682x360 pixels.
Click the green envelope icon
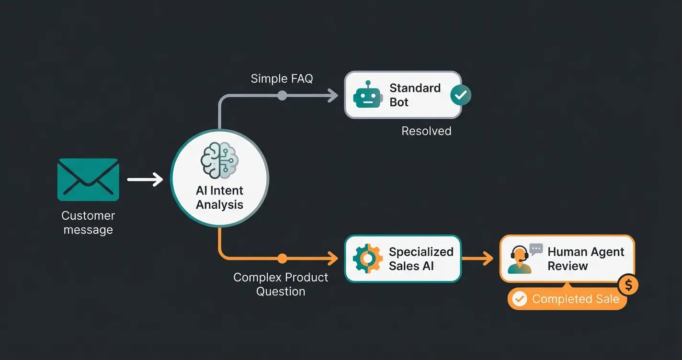point(88,180)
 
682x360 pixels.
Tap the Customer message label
point(88,223)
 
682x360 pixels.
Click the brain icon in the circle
point(219,161)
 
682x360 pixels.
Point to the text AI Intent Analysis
point(219,197)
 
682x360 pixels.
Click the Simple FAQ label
point(282,79)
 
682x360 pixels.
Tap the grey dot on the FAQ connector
point(282,95)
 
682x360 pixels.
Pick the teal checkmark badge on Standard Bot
point(461,95)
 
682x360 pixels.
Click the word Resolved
point(426,131)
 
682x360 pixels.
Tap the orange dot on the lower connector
point(282,259)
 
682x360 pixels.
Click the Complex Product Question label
point(281,284)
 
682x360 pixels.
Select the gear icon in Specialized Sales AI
point(367,259)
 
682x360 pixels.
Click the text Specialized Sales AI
point(421,259)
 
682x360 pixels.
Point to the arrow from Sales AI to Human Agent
point(477,259)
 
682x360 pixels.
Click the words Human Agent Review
point(585,259)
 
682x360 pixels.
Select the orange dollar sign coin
point(628,285)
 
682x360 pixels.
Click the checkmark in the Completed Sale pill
point(519,299)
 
